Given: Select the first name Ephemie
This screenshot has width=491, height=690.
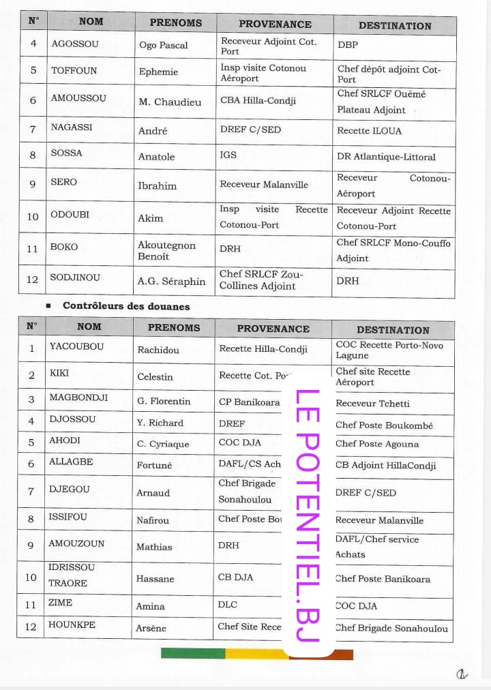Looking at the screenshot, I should pyautogui.click(x=158, y=72).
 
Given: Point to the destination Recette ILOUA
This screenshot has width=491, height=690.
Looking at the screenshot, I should pyautogui.click(x=369, y=131).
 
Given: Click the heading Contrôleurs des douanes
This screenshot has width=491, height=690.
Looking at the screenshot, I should pyautogui.click(x=126, y=306).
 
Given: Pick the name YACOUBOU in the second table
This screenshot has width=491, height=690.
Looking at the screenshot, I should pyautogui.click(x=76, y=346).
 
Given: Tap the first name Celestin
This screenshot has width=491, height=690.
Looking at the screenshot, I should pyautogui.click(x=155, y=376).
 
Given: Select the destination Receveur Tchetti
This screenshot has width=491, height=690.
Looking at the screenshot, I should pyautogui.click(x=372, y=404).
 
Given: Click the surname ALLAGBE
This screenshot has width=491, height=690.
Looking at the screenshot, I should pyautogui.click(x=71, y=462).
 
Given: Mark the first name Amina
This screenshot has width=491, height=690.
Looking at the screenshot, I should pyautogui.click(x=150, y=606).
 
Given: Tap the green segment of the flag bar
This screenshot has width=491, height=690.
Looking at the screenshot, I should pyautogui.click(x=193, y=653).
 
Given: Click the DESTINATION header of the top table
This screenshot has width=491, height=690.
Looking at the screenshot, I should pyautogui.click(x=395, y=26).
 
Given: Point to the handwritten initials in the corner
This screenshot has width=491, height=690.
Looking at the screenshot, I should pyautogui.click(x=462, y=674).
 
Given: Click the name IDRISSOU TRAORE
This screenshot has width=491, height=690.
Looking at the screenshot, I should pyautogui.click(x=72, y=575).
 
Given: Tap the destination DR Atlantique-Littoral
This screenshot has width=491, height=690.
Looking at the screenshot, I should pyautogui.click(x=386, y=157).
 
